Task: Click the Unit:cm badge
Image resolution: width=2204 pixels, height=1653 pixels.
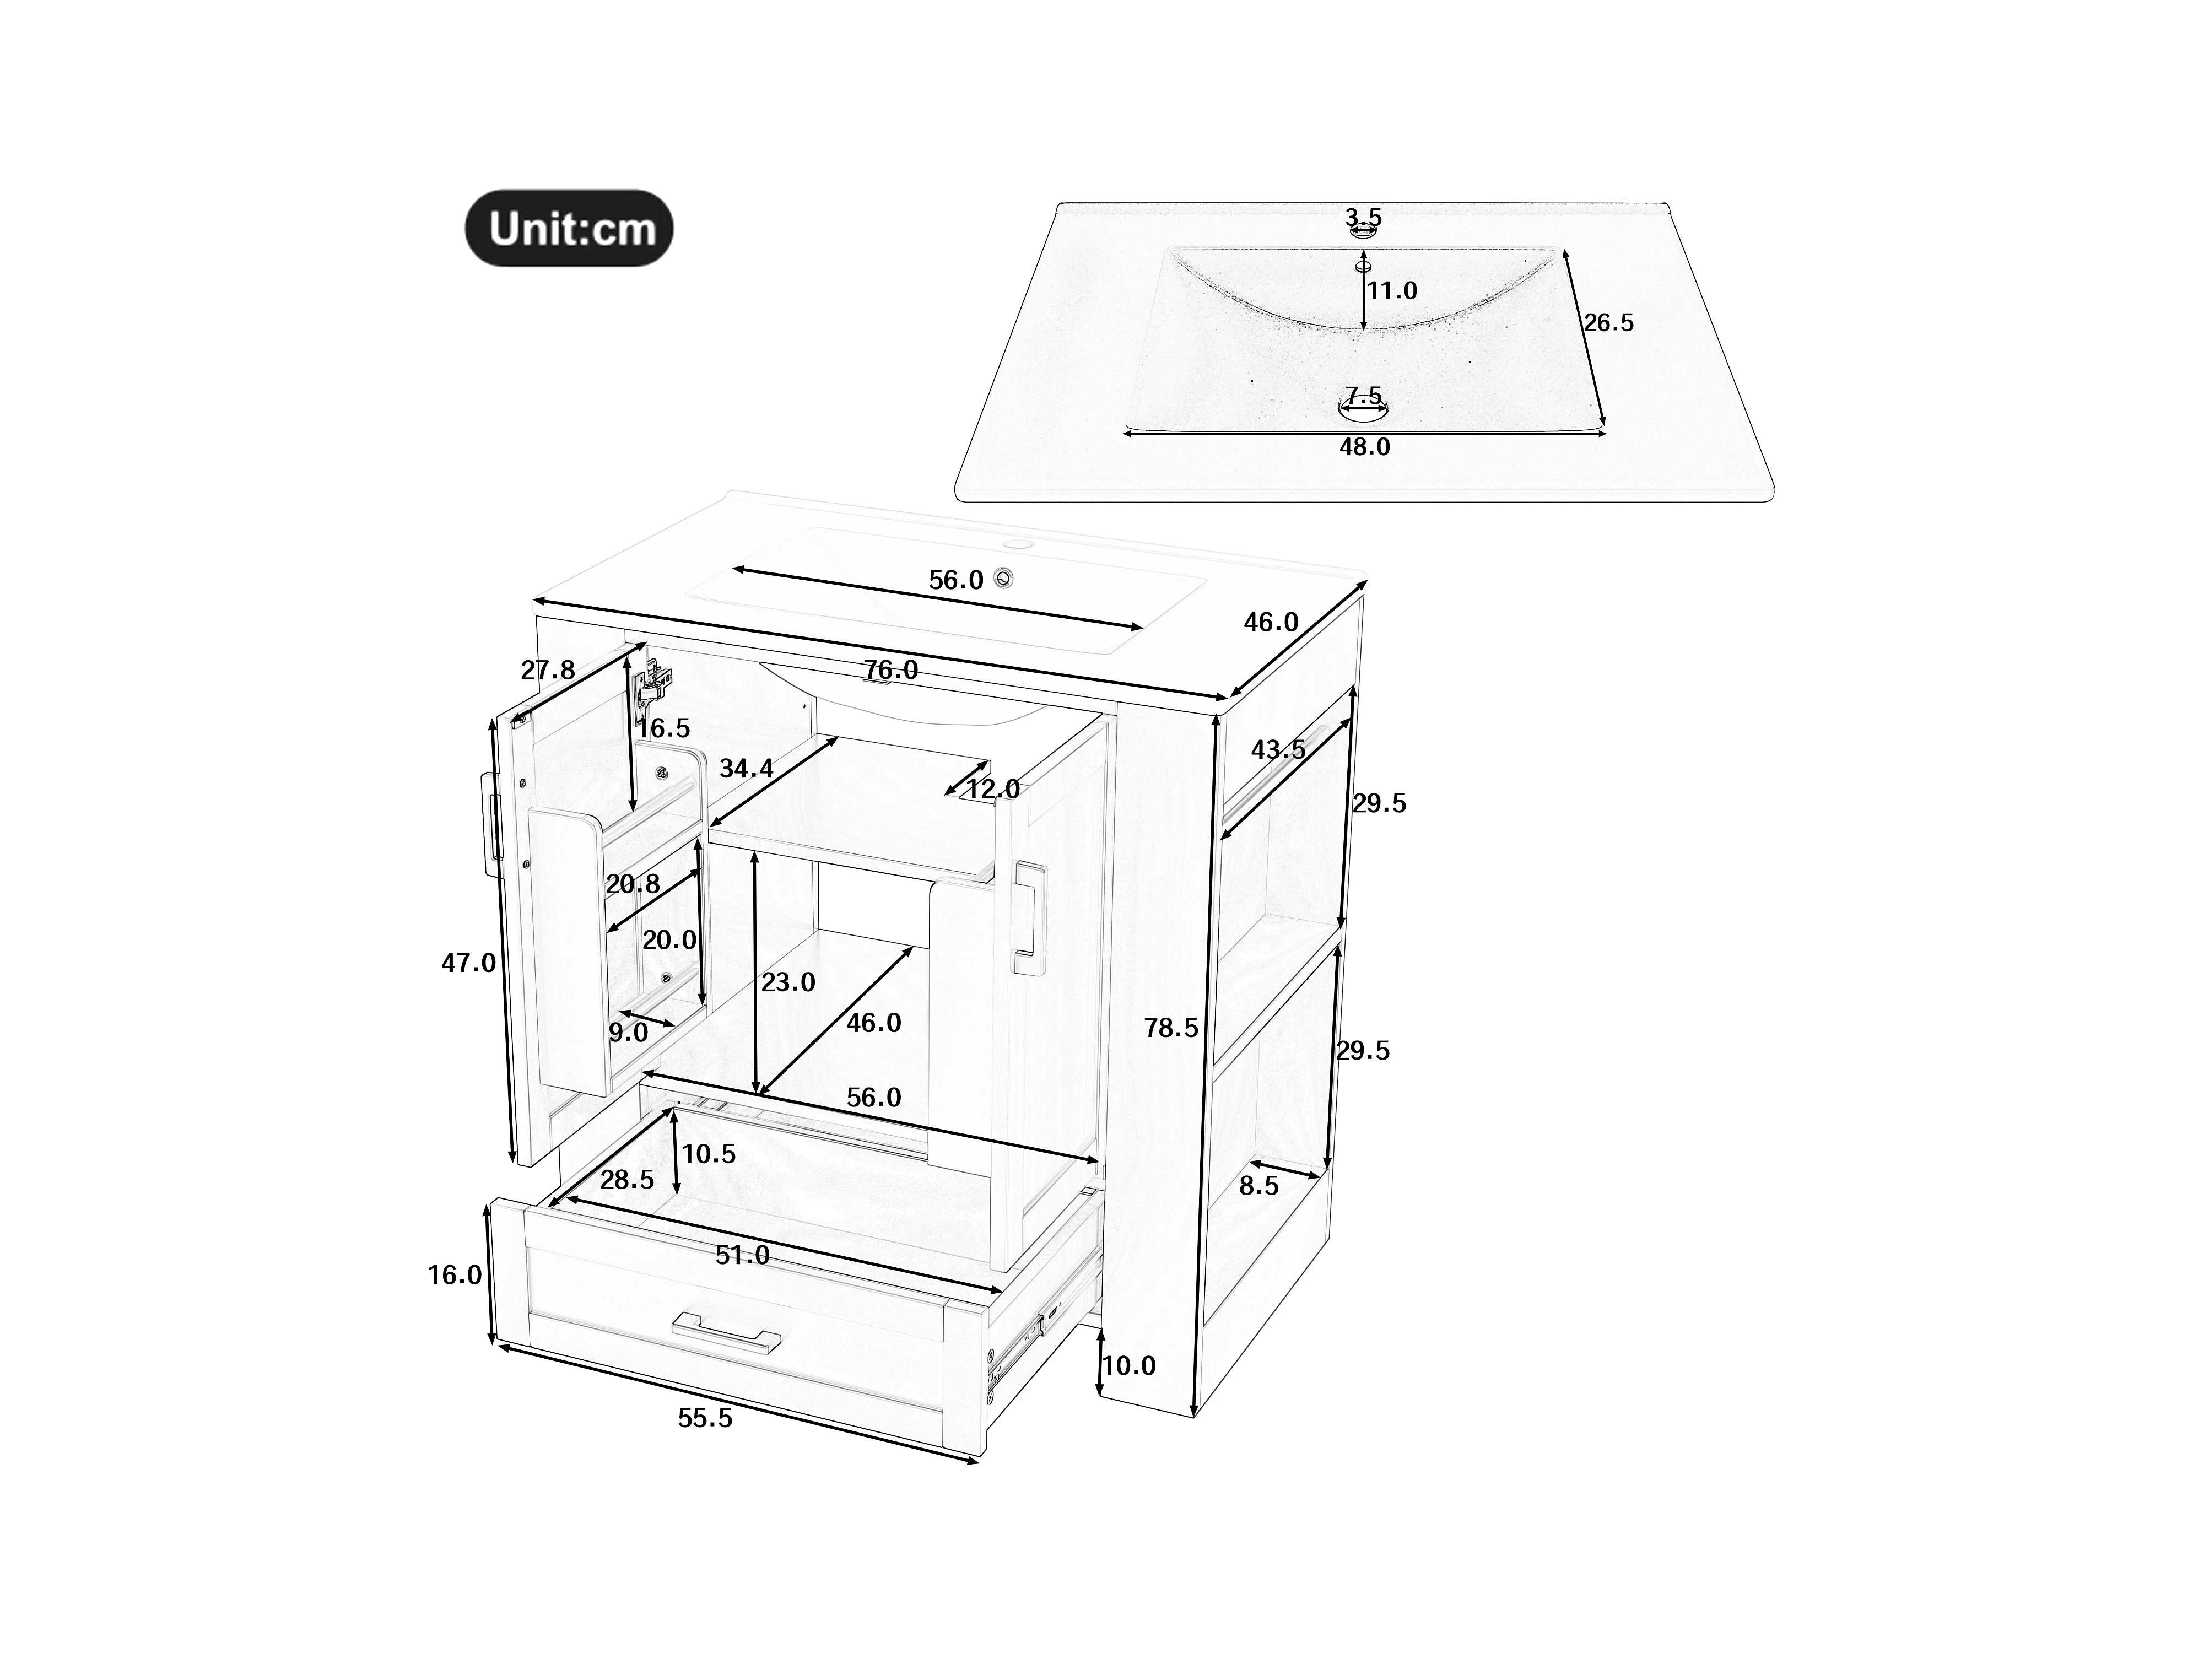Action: click(569, 228)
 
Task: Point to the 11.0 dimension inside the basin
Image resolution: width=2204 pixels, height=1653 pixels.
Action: click(1392, 291)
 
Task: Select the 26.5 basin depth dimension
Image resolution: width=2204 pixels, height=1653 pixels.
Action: click(1609, 323)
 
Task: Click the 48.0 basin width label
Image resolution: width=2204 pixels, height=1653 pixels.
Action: click(1364, 447)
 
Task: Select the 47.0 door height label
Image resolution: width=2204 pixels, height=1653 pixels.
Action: click(468, 963)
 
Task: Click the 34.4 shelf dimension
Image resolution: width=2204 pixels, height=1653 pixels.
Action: click(746, 768)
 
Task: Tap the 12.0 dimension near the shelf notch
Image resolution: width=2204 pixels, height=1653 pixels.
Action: click(993, 789)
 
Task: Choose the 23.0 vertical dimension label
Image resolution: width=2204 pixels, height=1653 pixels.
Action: click(788, 982)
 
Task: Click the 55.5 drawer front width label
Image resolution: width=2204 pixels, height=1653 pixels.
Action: click(705, 1418)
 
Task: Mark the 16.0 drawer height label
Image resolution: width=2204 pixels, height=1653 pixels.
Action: click(455, 1274)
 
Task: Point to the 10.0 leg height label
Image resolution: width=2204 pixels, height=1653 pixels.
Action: click(1129, 1365)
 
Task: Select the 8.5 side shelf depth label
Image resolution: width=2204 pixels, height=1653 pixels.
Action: click(1260, 1186)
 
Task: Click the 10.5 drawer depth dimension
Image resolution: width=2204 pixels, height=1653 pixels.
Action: click(709, 1154)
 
